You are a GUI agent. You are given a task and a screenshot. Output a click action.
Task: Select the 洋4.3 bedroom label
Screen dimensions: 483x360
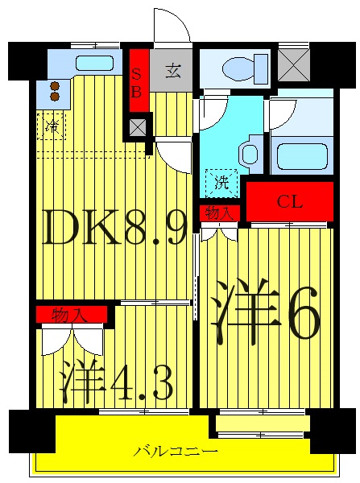[117, 381]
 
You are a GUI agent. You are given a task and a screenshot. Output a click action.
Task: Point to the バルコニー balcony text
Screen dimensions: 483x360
[176, 452]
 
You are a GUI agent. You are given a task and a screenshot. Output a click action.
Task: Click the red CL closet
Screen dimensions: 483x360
[289, 201]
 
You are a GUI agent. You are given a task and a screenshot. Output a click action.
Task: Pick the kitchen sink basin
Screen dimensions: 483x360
[95, 63]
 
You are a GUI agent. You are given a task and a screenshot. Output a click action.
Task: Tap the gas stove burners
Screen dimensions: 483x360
[54, 89]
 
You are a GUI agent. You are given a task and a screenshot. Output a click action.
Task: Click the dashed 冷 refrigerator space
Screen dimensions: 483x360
[52, 126]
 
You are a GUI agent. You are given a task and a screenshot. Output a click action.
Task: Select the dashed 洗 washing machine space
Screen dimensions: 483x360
[221, 181]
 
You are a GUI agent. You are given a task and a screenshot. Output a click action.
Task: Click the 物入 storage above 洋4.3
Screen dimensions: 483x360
[71, 314]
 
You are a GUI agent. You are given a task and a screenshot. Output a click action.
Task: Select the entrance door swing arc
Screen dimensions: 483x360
[172, 26]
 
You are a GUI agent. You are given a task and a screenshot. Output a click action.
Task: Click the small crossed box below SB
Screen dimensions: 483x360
[139, 126]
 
